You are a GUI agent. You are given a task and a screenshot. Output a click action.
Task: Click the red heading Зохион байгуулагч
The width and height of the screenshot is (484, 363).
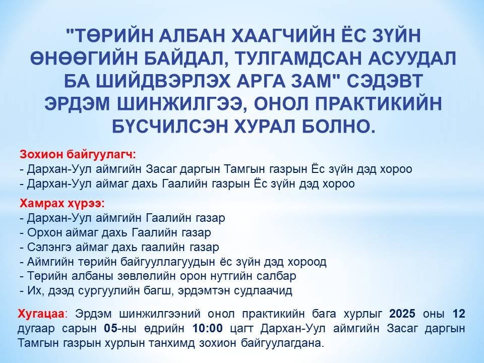point(78,154)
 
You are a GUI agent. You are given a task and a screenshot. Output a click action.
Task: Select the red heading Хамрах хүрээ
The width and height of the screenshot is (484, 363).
point(62,204)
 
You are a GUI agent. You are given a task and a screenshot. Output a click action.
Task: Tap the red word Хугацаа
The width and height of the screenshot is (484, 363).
point(42,314)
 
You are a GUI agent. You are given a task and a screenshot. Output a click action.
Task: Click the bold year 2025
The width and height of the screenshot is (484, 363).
point(402,314)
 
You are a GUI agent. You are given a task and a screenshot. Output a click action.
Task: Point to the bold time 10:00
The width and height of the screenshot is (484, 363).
point(207,328)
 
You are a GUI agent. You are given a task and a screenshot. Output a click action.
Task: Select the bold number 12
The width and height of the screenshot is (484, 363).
point(459,314)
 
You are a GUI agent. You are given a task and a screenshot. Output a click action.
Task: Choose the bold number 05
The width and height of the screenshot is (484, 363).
point(111,328)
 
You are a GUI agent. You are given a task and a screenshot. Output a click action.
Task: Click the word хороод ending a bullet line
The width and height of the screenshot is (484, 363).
point(307,262)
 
